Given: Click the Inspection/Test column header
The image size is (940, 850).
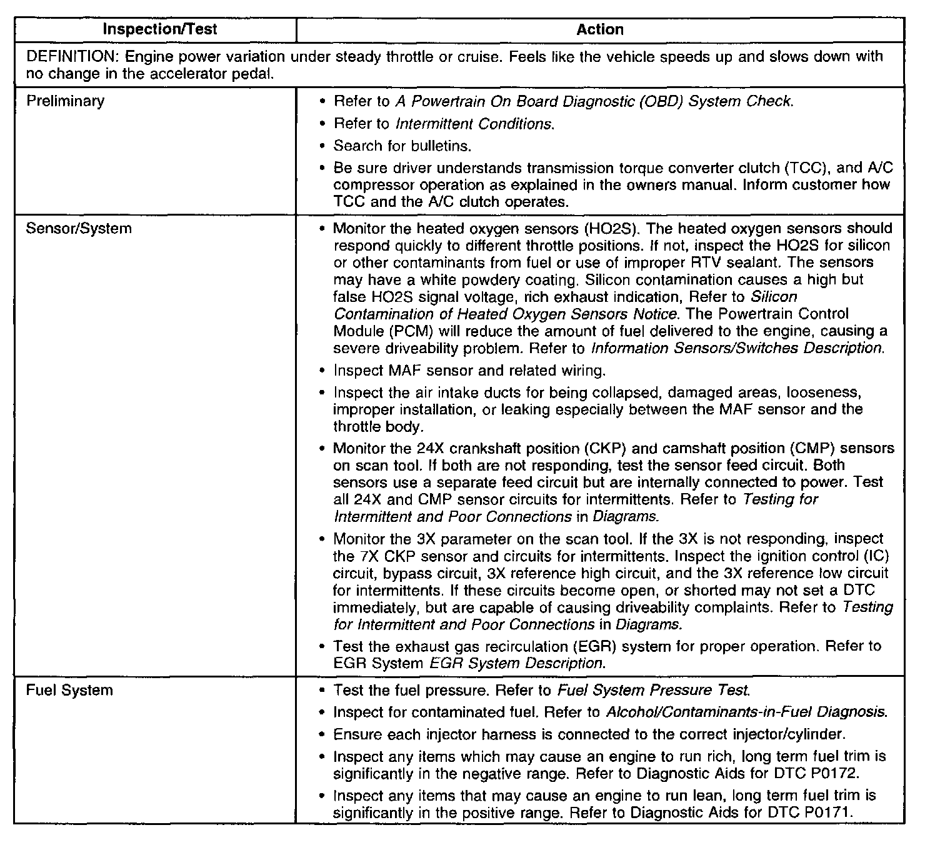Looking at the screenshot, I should [x=160, y=29].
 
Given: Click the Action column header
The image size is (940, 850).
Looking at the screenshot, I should [x=600, y=29].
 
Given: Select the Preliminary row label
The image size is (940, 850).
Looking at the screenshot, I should [x=65, y=101].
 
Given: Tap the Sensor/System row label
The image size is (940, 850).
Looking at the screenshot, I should [x=79, y=229].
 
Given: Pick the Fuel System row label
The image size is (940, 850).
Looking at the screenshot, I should [x=69, y=691].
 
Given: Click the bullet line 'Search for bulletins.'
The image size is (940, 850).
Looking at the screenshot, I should [x=402, y=146].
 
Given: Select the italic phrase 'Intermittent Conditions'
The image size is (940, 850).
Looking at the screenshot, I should [x=474, y=124].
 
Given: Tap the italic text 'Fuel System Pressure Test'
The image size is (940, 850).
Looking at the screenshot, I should [x=652, y=691].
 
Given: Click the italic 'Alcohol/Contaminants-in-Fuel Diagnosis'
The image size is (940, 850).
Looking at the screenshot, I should [x=746, y=712].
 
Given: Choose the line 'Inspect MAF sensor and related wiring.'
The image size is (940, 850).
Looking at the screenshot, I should [x=469, y=371].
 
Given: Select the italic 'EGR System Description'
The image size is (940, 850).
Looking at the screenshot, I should [x=517, y=663].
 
